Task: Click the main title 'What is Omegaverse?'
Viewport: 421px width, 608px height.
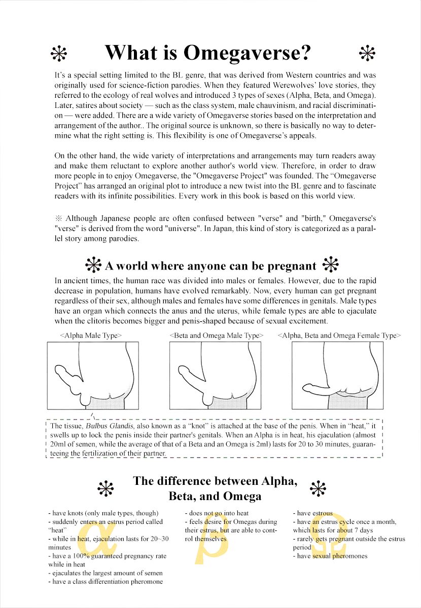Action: [208, 53]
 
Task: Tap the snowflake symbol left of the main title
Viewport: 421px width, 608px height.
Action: [59, 53]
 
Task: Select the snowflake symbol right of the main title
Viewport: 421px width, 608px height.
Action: [366, 53]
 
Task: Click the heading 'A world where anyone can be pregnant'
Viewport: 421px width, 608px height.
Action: [210, 265]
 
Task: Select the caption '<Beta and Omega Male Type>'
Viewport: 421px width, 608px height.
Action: [217, 335]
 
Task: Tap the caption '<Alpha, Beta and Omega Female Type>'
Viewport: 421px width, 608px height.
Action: [339, 335]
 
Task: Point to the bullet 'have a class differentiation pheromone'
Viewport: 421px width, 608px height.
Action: [106, 582]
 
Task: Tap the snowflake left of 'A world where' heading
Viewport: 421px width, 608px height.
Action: [93, 265]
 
